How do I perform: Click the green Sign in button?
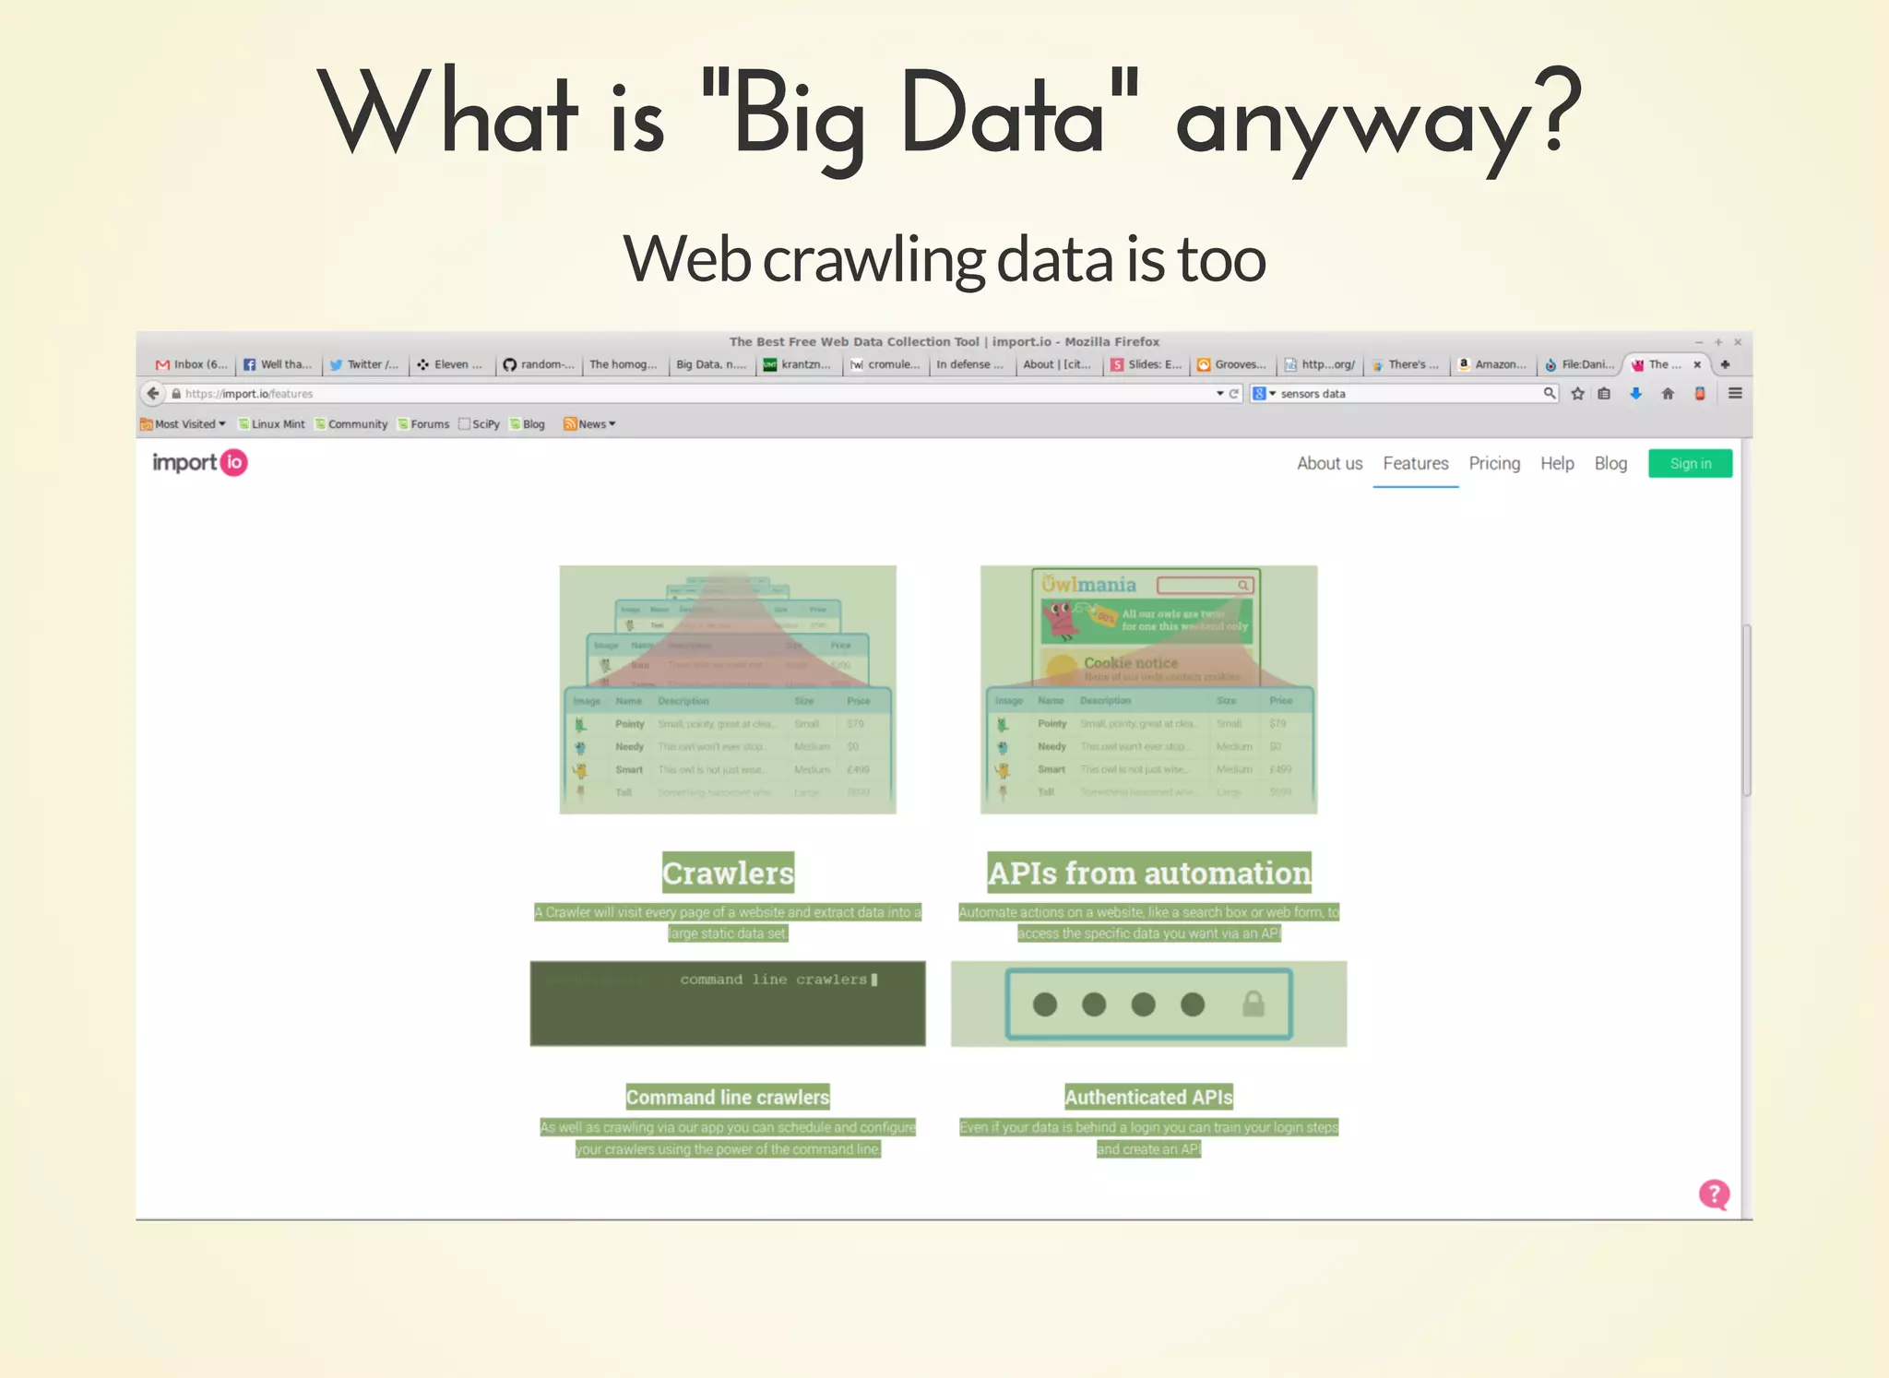[x=1690, y=464]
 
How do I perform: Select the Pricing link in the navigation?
[x=1494, y=464]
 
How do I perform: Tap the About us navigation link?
[x=1329, y=464]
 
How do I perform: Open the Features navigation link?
[x=1415, y=464]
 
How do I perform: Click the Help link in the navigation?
[x=1557, y=464]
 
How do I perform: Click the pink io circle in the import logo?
[x=234, y=462]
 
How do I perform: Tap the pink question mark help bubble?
[x=1714, y=1194]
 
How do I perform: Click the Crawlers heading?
[x=728, y=873]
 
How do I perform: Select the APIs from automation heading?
[x=1148, y=873]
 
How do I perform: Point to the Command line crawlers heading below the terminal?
[x=728, y=1098]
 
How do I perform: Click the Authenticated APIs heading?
[x=1148, y=1098]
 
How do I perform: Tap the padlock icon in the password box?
[x=1253, y=1004]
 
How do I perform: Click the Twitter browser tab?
[x=364, y=364]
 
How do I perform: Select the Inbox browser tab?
[x=192, y=364]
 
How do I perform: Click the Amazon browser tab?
[x=1492, y=364]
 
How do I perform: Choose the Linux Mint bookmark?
[x=272, y=424]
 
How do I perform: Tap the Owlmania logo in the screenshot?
[x=1089, y=585]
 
